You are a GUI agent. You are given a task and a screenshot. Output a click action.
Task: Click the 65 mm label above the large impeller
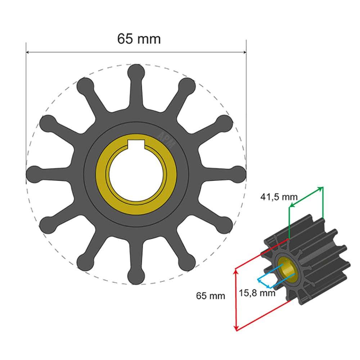pos(139,39)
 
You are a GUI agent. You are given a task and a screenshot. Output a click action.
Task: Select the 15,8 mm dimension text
pos(257,293)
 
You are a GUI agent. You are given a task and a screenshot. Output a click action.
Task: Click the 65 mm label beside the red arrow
pos(211,296)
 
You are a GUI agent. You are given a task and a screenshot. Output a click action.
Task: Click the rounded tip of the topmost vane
pos(136,72)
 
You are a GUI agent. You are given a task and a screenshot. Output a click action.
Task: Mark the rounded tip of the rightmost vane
pos(238,174)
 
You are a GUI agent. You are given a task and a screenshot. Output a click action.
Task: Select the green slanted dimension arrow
pos(306,197)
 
